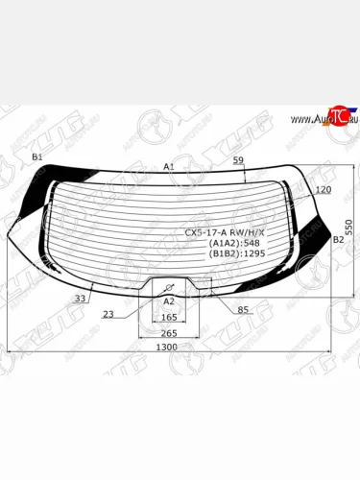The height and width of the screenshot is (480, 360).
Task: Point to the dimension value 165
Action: coord(169,316)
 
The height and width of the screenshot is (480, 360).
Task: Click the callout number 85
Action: coord(243,308)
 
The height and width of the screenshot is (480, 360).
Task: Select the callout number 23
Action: coord(108,314)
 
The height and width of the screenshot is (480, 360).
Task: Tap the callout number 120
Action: coord(323,190)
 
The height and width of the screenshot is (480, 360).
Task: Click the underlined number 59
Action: coord(238,161)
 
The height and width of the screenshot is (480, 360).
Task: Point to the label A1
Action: coord(168,166)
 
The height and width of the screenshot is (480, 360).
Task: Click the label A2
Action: coord(169,300)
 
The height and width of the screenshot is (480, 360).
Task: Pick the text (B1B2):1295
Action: coord(233,257)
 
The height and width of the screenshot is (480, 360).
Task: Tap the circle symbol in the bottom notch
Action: coord(169,287)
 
